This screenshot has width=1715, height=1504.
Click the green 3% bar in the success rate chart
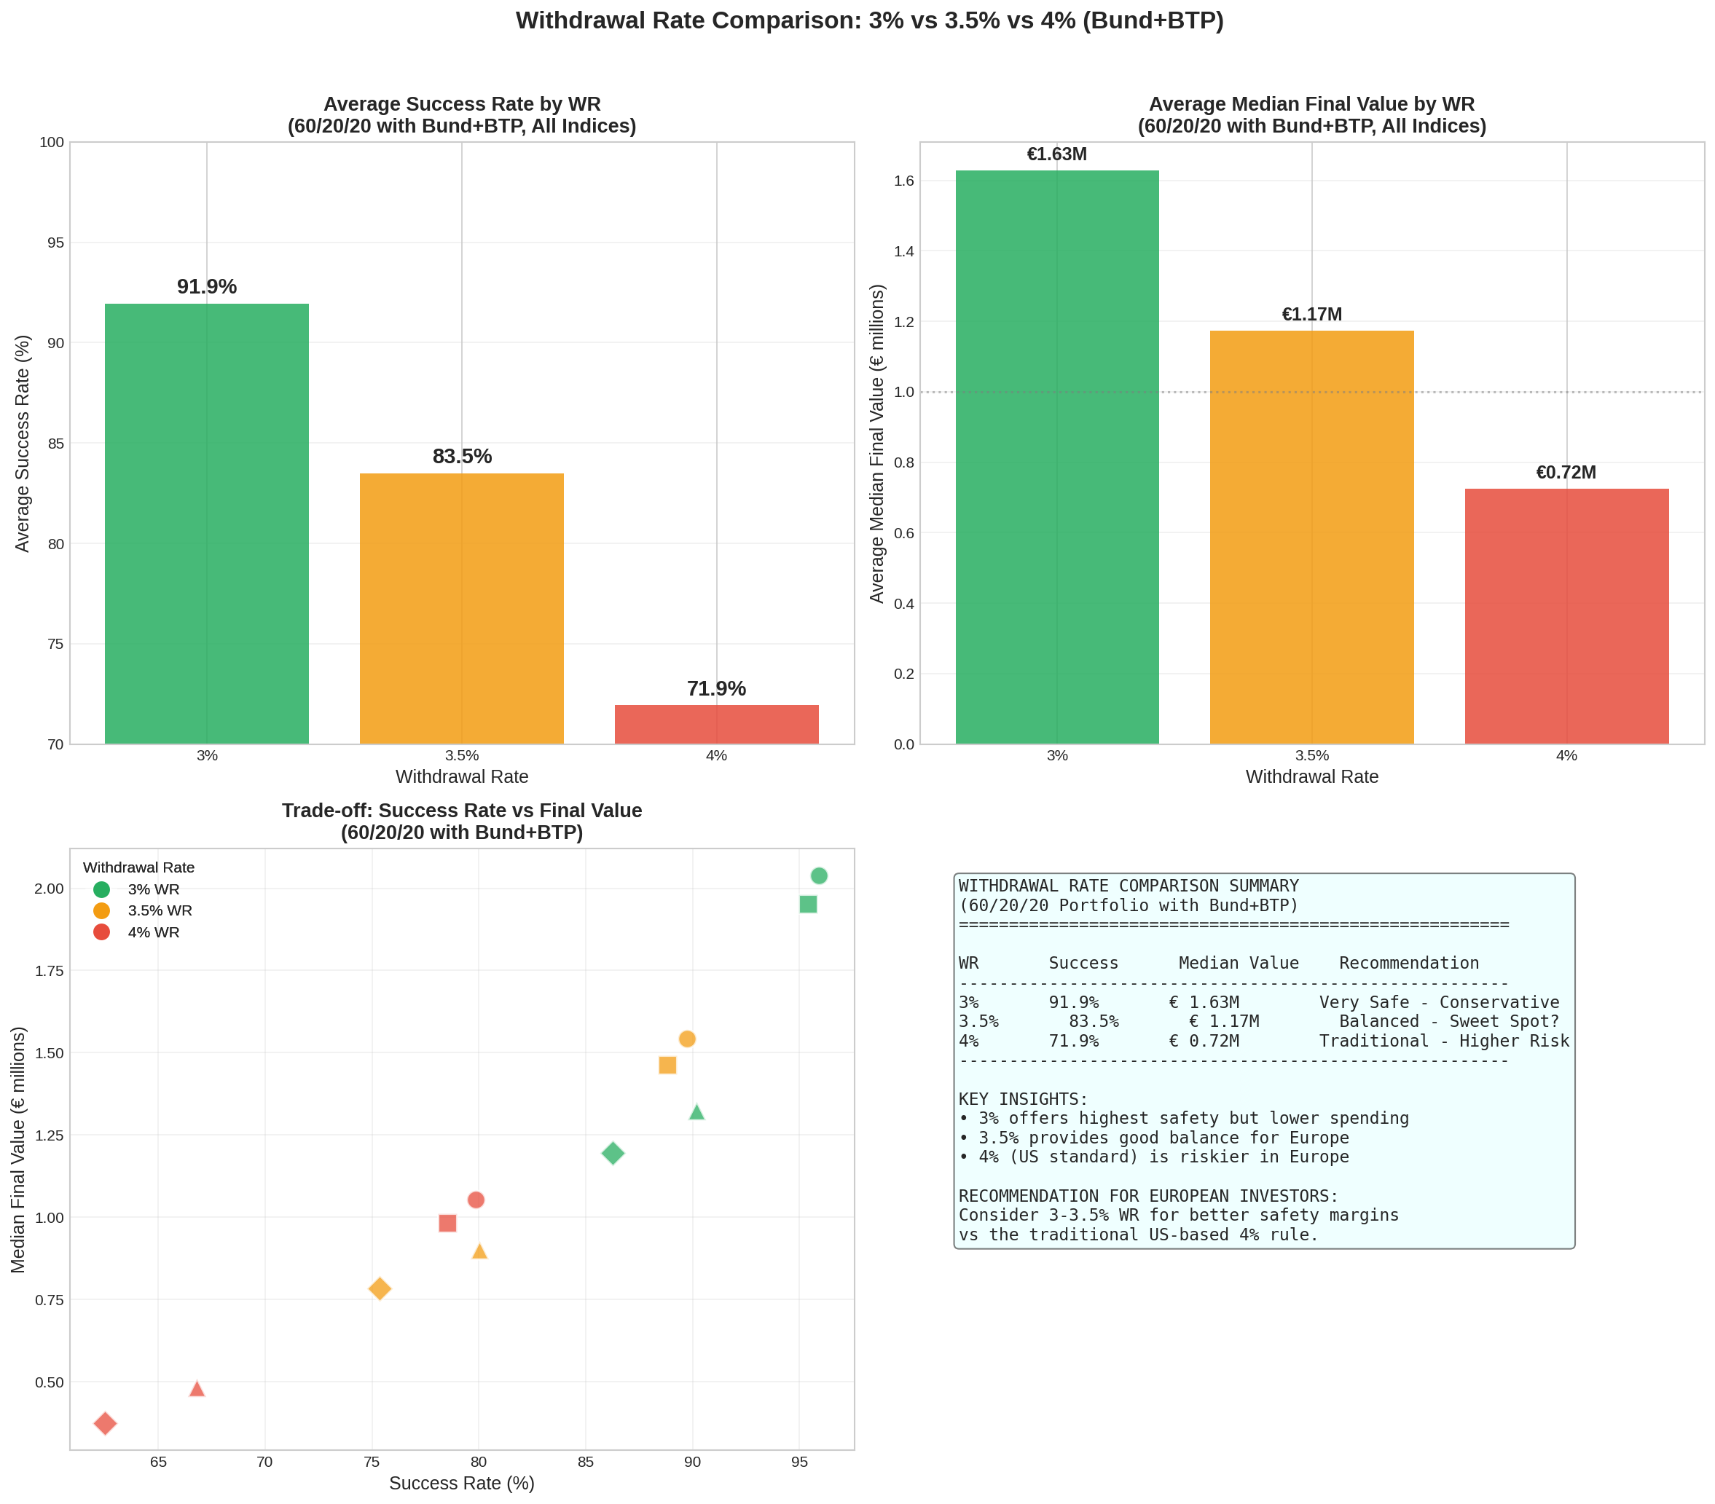pos(206,524)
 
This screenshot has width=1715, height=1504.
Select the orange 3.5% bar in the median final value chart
pos(1311,537)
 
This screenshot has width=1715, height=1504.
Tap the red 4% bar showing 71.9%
pos(717,724)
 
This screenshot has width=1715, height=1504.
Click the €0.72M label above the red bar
pos(1566,472)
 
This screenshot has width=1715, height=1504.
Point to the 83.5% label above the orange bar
pos(461,457)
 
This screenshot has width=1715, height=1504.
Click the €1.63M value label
pos(1056,154)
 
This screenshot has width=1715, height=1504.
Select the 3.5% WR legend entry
pos(159,910)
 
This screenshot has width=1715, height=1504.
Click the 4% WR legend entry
pos(153,932)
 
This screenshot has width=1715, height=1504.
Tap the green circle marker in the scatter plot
pos(819,875)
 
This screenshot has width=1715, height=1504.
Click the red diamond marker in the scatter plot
pos(105,1423)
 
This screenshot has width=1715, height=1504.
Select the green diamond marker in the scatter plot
pos(613,1154)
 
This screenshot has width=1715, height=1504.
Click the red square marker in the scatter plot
pos(447,1223)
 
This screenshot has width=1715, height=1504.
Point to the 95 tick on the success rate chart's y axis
pos(55,243)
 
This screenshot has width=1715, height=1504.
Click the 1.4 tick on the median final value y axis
pos(903,251)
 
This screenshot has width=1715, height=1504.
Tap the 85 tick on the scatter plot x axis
pos(585,1462)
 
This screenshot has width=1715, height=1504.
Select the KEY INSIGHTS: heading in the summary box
pos(1023,1099)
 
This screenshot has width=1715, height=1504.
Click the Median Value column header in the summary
pos(1239,963)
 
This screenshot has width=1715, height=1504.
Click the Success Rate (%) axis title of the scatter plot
pos(461,1483)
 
